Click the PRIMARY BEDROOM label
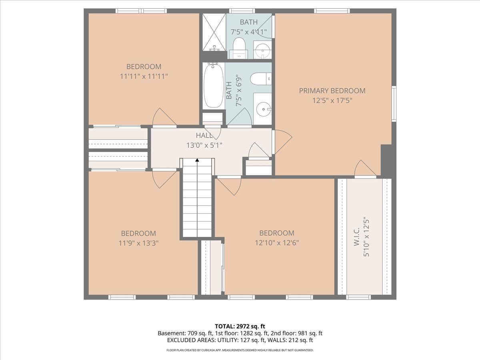[x=332, y=91]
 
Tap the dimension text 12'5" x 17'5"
[x=332, y=101]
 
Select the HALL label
[x=204, y=136]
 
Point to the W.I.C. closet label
[x=357, y=239]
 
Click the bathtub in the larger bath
[x=214, y=86]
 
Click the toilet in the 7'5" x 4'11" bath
[x=238, y=48]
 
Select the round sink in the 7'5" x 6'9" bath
[x=264, y=109]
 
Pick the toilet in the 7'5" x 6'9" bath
[x=261, y=79]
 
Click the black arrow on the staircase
[x=197, y=160]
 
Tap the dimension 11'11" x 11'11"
[x=144, y=76]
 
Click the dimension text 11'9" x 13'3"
[x=138, y=243]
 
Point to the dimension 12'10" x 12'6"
[x=277, y=243]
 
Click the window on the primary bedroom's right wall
[x=394, y=103]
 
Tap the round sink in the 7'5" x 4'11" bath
[x=262, y=50]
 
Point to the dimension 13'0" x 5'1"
[x=204, y=145]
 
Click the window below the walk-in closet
[x=358, y=297]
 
